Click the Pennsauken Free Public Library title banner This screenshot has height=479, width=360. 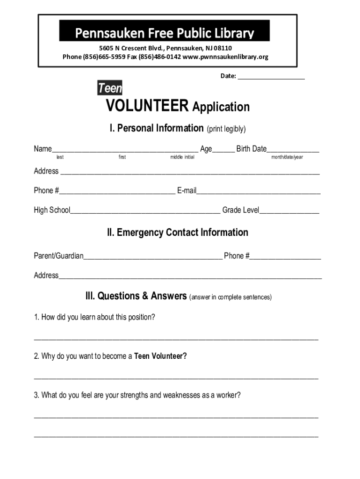(x=165, y=32)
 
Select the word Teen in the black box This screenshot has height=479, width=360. (x=110, y=87)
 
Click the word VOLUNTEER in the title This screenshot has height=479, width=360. (x=147, y=107)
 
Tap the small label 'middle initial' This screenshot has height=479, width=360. (x=182, y=157)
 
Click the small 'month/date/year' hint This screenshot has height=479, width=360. (x=287, y=157)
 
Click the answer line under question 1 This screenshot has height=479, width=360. (x=176, y=338)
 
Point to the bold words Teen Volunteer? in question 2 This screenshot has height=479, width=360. (x=160, y=356)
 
